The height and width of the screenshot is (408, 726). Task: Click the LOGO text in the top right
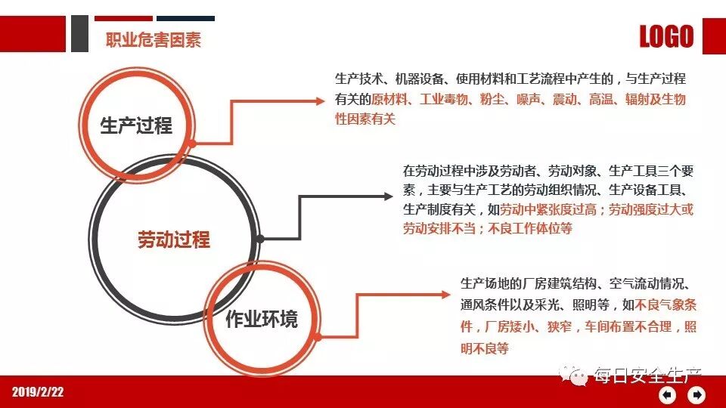point(666,36)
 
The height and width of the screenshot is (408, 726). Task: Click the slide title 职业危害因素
point(154,40)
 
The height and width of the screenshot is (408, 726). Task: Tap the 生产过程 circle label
point(136,125)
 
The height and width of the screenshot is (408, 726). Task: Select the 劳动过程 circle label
point(173,240)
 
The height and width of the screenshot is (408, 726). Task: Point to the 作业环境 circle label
point(262,319)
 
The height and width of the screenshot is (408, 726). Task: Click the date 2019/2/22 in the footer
point(38,391)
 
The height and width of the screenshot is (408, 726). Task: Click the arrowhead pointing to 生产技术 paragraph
point(321,100)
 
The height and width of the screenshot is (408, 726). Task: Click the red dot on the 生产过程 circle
point(194,143)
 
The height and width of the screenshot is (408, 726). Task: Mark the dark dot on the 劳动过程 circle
point(259,239)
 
